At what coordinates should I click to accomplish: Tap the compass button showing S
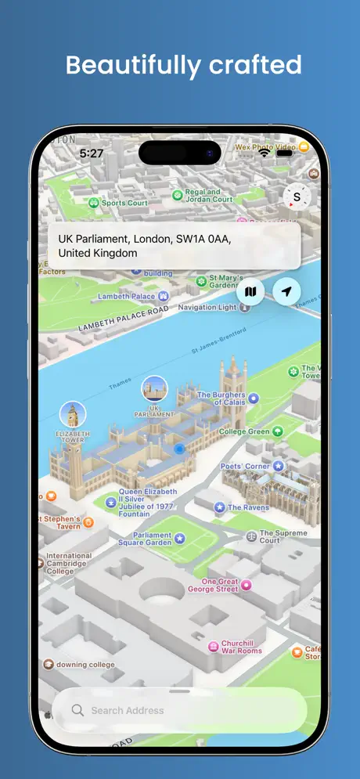click(297, 197)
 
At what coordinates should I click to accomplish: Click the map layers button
click(250, 292)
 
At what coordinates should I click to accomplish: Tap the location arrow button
click(287, 292)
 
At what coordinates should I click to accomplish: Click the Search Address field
click(180, 710)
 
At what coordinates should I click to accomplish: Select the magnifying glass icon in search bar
click(77, 710)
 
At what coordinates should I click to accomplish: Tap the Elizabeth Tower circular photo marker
click(73, 414)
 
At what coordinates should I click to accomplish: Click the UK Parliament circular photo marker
click(154, 389)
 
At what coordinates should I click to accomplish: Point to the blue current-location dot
click(179, 449)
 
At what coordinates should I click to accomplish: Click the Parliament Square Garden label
click(146, 539)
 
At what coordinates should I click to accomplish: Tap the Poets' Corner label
click(245, 467)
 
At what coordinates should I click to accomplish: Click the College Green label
click(244, 431)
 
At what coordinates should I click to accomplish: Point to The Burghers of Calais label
click(221, 399)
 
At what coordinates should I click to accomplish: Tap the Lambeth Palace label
click(127, 297)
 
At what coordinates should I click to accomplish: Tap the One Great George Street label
click(220, 585)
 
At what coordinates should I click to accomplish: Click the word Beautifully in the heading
click(125, 65)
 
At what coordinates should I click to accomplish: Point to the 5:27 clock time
click(92, 153)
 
